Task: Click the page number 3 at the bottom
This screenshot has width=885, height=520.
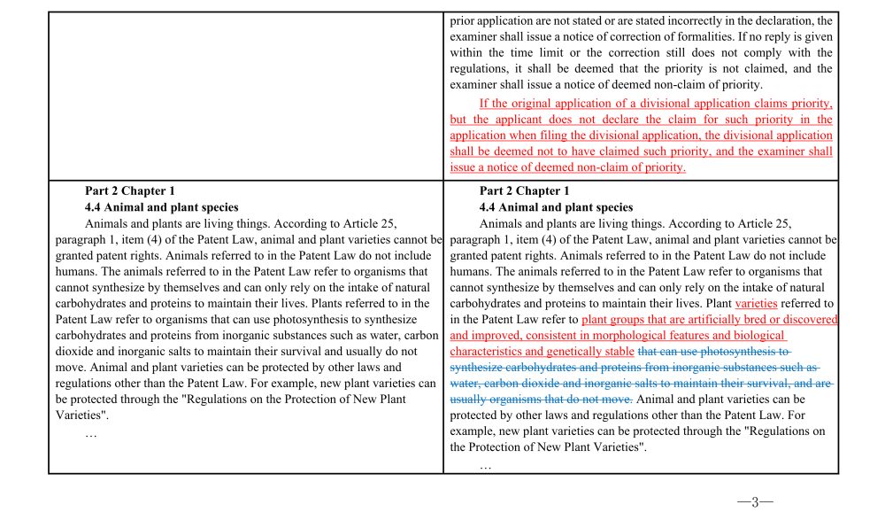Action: click(x=755, y=502)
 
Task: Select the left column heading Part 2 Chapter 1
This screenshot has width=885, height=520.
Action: click(x=129, y=190)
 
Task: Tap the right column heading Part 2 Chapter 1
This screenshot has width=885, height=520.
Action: click(x=524, y=190)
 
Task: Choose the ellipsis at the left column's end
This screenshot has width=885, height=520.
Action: click(x=91, y=433)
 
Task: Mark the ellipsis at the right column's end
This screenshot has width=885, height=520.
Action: click(x=485, y=465)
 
